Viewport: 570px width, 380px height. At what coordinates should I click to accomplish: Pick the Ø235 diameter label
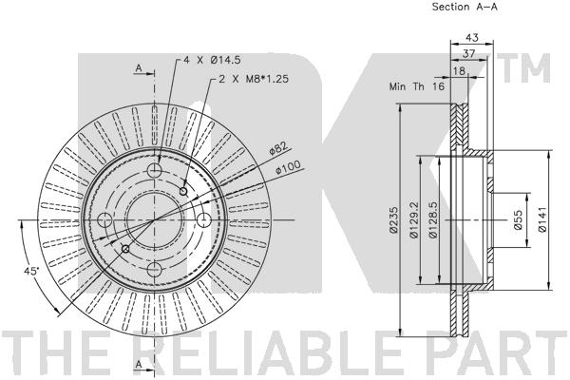coord(390,220)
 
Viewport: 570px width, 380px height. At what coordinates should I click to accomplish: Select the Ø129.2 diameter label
coord(414,220)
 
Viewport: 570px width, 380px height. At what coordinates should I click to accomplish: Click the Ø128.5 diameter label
coord(433,220)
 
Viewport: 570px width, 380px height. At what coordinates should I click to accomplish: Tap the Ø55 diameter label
coord(519,220)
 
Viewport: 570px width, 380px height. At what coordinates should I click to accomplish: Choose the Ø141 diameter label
coord(541,220)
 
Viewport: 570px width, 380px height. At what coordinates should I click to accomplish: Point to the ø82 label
coord(277,148)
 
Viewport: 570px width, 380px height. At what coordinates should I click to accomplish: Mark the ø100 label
coord(289,168)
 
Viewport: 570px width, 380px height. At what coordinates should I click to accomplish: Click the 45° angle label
coord(30,272)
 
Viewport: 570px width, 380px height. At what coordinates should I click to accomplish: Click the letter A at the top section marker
coord(139,68)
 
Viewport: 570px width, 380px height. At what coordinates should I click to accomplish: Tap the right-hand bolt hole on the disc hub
coord(202,221)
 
